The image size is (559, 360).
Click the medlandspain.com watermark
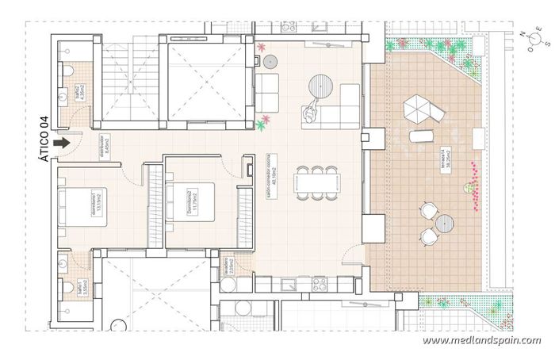coord(481,340)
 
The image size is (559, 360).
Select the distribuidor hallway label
coord(106,147)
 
